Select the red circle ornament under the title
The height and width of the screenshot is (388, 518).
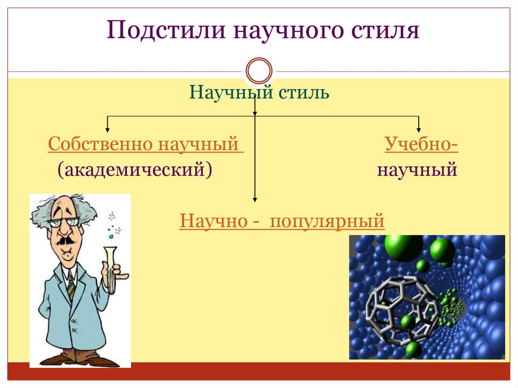258,70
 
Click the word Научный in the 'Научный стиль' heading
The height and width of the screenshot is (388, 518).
230,93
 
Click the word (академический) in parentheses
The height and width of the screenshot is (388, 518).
135,169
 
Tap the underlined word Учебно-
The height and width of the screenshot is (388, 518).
421,144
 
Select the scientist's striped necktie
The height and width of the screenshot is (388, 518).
71,289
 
